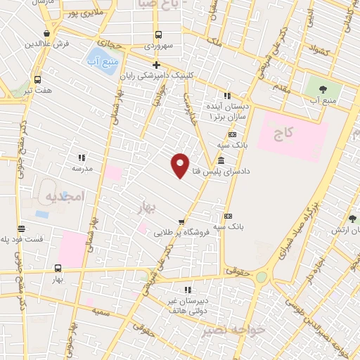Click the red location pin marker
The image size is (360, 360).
pyautogui.click(x=180, y=165)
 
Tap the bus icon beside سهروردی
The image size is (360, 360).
pyautogui.click(x=158, y=34)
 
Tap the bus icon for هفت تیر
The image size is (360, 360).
pyautogui.click(x=37, y=79)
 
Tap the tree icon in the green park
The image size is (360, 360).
pyautogui.click(x=323, y=89)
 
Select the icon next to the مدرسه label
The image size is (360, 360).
pyautogui.click(x=82, y=158)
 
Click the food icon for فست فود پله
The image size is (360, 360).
pyautogui.click(x=21, y=229)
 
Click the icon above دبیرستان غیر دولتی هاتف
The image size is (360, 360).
pyautogui.click(x=186, y=290)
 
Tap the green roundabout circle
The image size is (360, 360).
pyautogui.click(x=262, y=277)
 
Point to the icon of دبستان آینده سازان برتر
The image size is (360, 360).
pyautogui.click(x=226, y=96)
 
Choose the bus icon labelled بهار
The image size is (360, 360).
pyautogui.click(x=58, y=268)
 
